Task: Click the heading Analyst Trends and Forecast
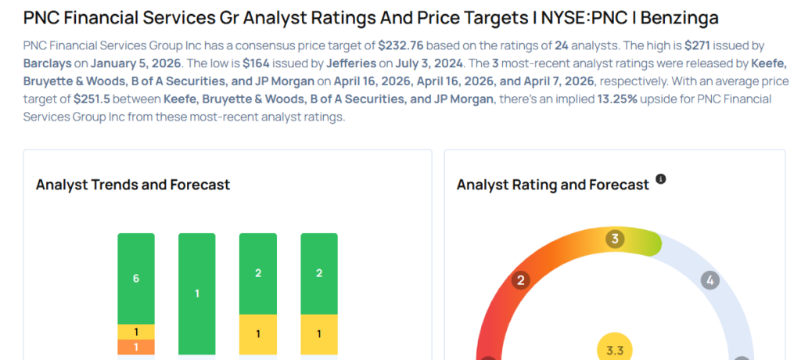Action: click(x=133, y=185)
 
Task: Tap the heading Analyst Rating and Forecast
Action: click(x=552, y=185)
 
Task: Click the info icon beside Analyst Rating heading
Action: click(x=661, y=180)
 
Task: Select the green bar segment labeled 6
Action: click(x=136, y=278)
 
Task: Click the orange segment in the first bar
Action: click(x=136, y=347)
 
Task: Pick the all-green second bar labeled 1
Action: click(x=197, y=293)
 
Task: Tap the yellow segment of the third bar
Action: click(x=258, y=334)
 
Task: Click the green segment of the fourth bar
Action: click(x=319, y=273)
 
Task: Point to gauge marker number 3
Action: click(x=616, y=239)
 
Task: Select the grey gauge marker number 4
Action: click(x=710, y=280)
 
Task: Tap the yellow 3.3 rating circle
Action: click(x=615, y=350)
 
